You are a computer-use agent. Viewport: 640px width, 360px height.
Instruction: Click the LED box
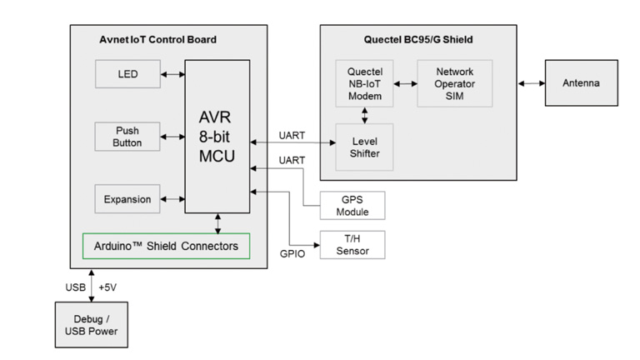pos(127,74)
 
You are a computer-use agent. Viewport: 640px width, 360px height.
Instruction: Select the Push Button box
pos(127,137)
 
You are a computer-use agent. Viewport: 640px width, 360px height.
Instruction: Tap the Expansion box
pos(127,199)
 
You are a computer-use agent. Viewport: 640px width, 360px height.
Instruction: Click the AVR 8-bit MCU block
pos(217,136)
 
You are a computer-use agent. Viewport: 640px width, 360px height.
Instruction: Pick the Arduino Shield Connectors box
pos(166,246)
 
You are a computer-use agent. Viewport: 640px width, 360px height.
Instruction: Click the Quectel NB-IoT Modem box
pos(365,83)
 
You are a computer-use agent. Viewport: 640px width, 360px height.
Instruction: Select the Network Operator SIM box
pos(454,83)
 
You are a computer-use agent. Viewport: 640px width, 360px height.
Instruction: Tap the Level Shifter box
pos(365,147)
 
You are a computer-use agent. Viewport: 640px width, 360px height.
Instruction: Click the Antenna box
pos(581,83)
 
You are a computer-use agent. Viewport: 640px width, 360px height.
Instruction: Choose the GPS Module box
pos(352,205)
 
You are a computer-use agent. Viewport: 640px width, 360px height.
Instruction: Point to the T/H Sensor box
pos(352,244)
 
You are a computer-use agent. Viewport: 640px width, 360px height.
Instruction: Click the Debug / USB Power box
pos(91,325)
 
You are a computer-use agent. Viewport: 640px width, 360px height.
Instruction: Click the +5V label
pos(108,287)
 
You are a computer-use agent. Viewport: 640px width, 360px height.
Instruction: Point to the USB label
pos(75,287)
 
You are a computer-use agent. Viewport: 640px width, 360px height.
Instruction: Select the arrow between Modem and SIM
pos(405,83)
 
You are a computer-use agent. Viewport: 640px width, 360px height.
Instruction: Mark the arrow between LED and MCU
pos(172,74)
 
